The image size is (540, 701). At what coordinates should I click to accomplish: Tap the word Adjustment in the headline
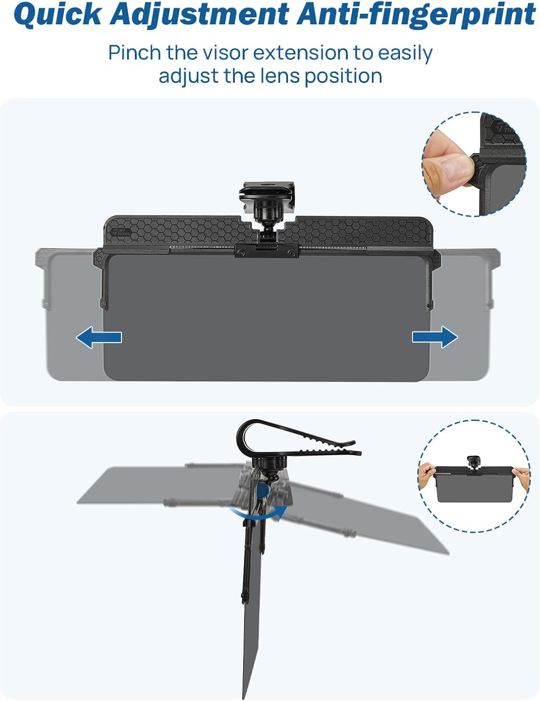point(199,15)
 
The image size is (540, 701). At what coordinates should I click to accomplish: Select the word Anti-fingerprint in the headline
point(416,15)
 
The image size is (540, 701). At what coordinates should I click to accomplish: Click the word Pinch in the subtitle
point(134,53)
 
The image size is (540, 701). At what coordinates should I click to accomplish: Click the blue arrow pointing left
point(99,337)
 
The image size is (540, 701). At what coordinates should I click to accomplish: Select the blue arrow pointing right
point(435,337)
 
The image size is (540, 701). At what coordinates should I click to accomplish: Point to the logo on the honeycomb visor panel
point(120,232)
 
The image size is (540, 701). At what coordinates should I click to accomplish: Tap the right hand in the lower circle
point(521,478)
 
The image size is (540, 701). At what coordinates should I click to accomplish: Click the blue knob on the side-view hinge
point(264,490)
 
